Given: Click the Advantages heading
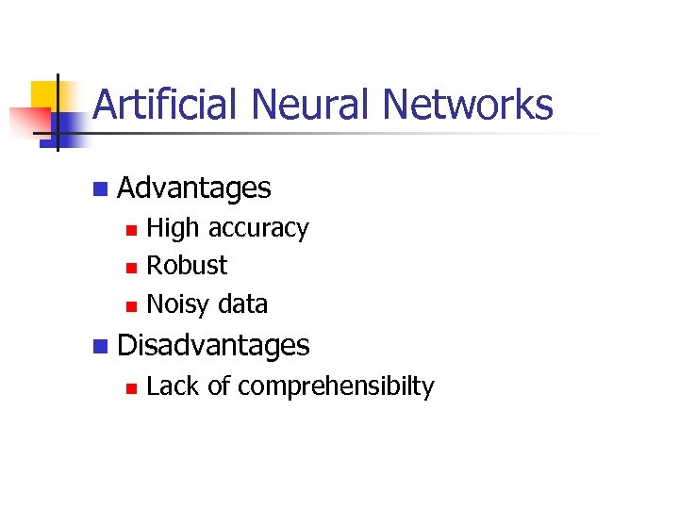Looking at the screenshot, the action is click(194, 189).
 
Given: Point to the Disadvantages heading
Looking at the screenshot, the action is click(213, 346).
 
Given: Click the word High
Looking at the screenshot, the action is click(174, 228).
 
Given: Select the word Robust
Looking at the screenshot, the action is click(187, 266).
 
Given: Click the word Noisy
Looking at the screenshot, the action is click(179, 304).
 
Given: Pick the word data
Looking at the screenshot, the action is click(242, 304).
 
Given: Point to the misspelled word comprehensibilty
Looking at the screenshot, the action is click(336, 387).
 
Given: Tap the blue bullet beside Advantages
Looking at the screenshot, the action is click(100, 189).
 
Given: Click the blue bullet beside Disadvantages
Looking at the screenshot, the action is click(100, 347).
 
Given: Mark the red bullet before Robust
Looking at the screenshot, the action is click(132, 268).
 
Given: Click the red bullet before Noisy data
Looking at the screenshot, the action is click(132, 305).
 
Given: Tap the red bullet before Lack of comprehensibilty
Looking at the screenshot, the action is click(132, 387).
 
